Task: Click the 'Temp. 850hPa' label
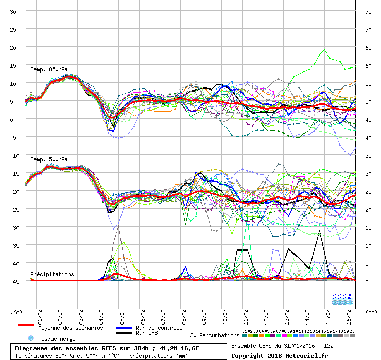coord(49,69)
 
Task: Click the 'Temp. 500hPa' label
coord(49,159)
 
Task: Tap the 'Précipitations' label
coord(52,274)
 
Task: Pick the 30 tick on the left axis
coord(13,11)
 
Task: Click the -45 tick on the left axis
coord(12,281)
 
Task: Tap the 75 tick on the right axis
coord(368,11)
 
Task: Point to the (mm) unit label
coord(370,312)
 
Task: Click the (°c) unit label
coord(16,312)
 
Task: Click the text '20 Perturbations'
coord(215,335)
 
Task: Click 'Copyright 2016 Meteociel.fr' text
coord(280,355)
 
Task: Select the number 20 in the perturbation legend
coord(352,331)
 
